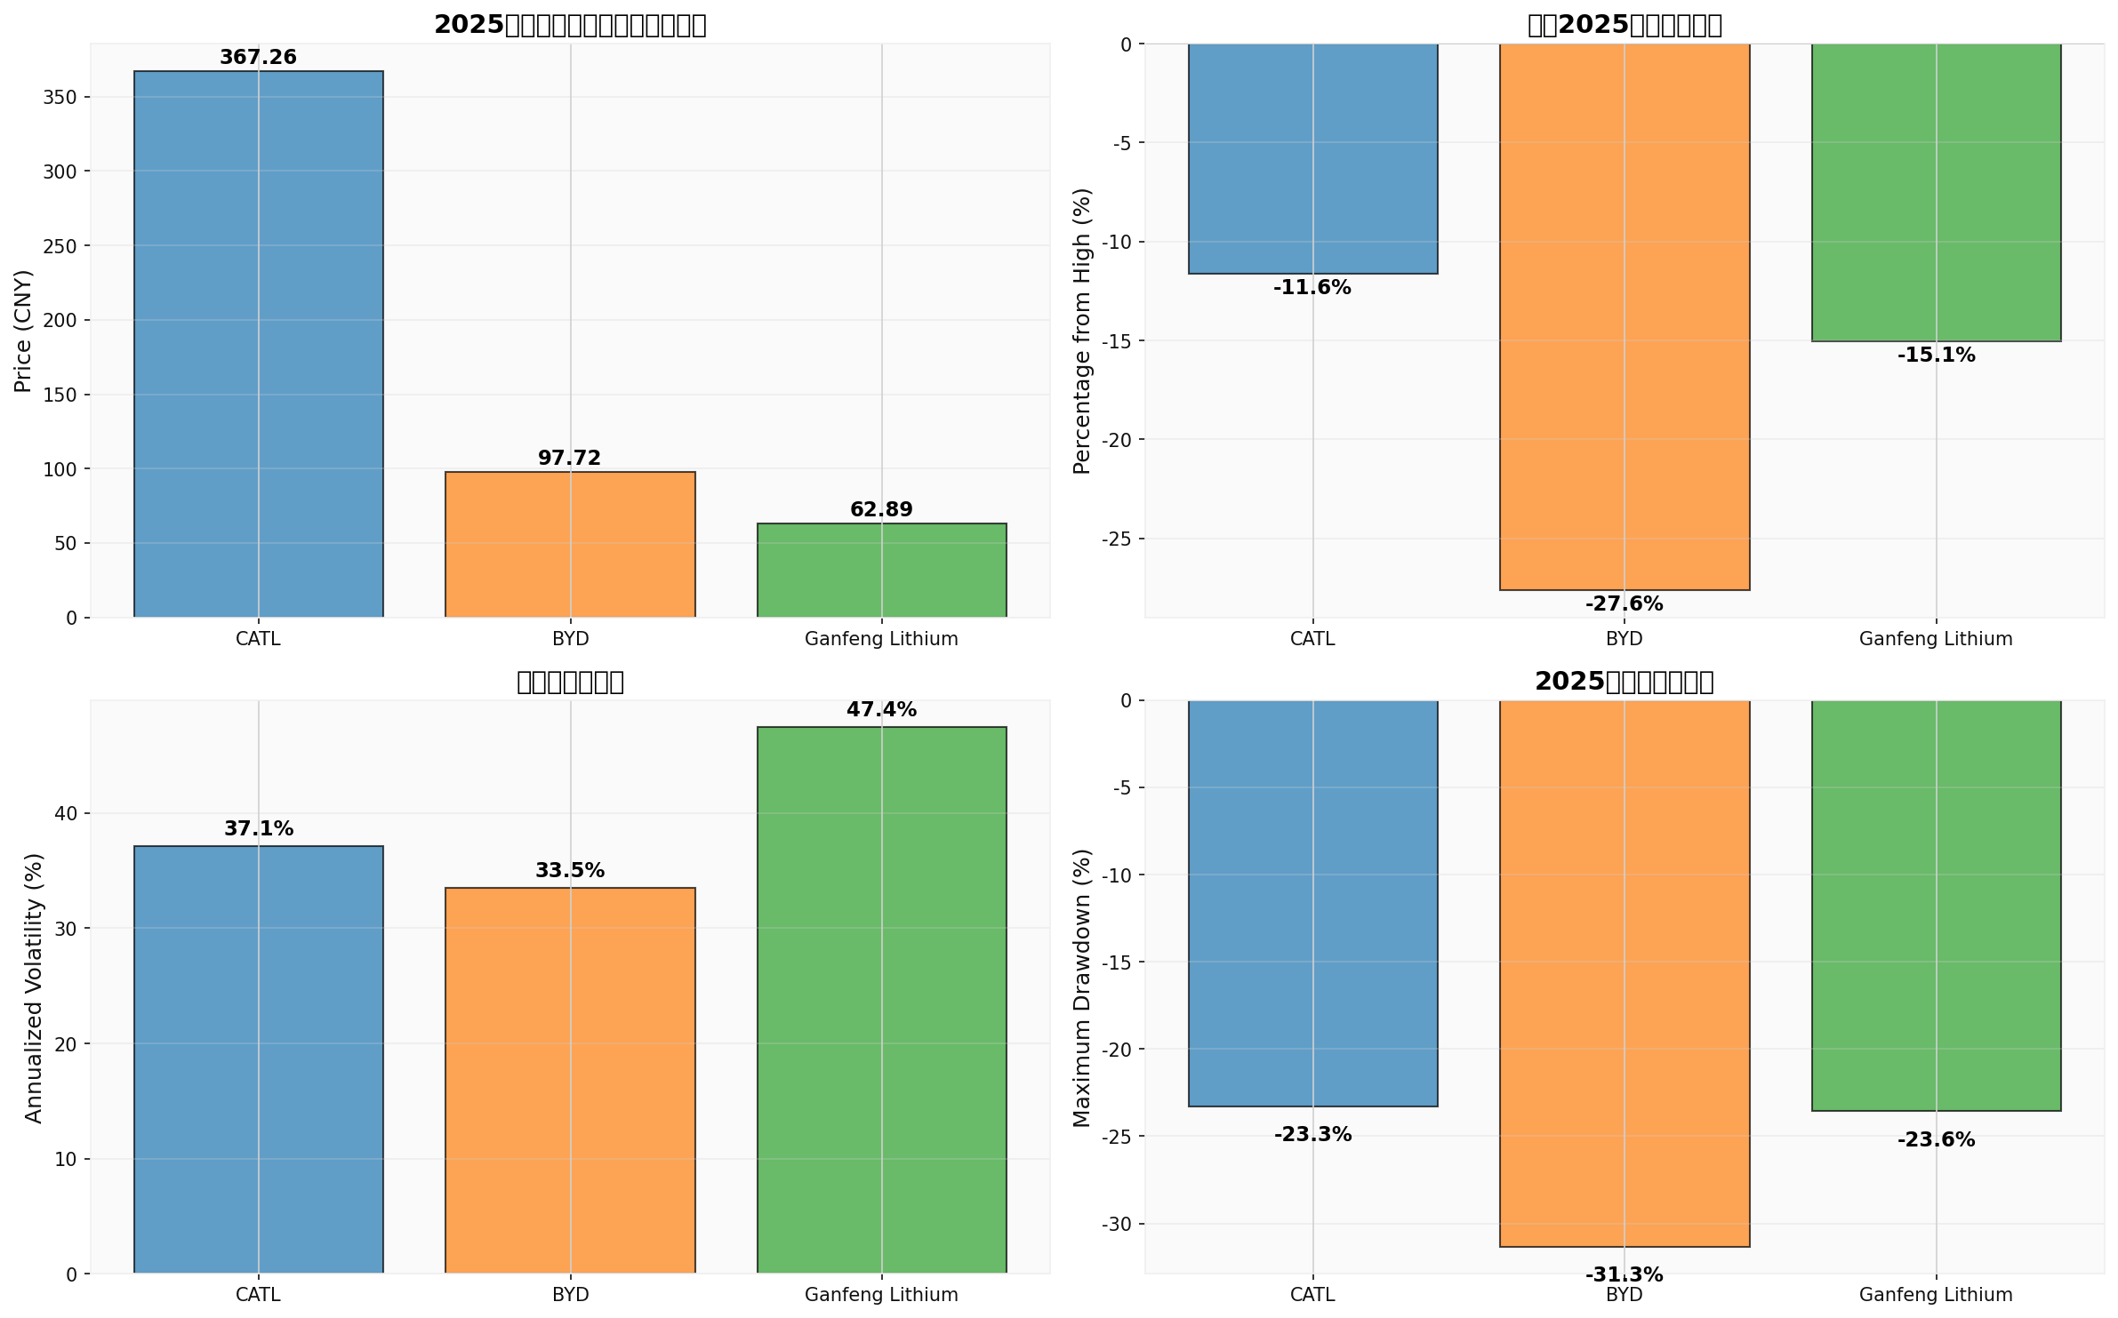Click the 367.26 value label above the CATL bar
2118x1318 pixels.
point(258,58)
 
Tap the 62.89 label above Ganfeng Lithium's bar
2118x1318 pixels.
point(881,510)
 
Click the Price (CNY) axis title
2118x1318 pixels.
point(23,331)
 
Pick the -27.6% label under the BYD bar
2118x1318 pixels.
point(1624,604)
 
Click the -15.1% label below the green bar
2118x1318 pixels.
point(1936,355)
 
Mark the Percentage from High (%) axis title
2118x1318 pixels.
point(1081,331)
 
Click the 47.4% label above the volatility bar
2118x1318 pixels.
point(881,710)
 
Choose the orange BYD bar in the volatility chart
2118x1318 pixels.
point(570,1080)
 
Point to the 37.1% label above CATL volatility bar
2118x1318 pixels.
point(258,829)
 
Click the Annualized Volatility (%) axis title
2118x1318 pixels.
point(34,987)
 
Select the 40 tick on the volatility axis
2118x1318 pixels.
point(66,814)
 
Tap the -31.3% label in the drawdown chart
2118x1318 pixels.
point(1624,1275)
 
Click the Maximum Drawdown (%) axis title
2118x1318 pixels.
point(1081,987)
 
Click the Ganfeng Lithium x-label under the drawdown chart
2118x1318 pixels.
point(1936,1295)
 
